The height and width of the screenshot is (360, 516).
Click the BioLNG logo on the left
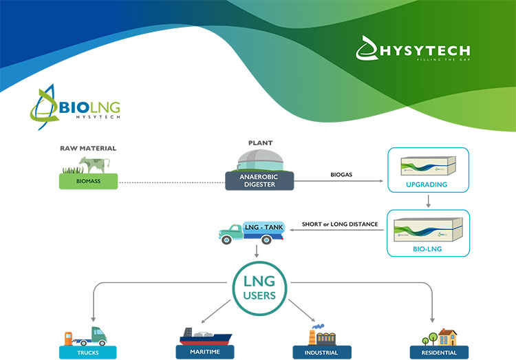(75, 107)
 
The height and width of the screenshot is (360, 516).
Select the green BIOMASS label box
(88, 181)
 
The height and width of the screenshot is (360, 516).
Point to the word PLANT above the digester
(261, 143)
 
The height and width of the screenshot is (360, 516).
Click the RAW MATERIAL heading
(88, 148)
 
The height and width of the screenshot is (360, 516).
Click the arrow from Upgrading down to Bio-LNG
(428, 201)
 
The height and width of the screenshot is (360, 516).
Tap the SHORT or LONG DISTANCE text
(341, 224)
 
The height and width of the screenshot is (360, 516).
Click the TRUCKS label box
(88, 352)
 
